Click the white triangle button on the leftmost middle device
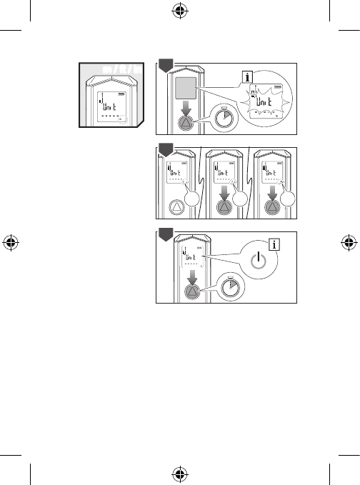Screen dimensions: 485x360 [176, 208]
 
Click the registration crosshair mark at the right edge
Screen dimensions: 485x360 [350, 242]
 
